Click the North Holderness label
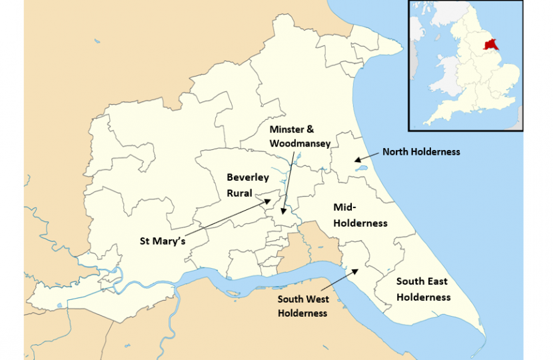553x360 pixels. (x=420, y=152)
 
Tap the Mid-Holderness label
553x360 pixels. (x=360, y=215)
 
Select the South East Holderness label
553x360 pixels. (x=423, y=289)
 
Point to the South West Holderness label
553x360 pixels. (x=303, y=306)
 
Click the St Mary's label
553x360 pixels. (x=163, y=239)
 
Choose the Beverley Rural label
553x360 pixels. (x=248, y=185)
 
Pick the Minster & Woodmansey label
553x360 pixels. (x=300, y=135)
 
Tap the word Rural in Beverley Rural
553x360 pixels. (x=238, y=193)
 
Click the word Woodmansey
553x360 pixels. (x=300, y=143)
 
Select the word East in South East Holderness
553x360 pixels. (x=436, y=282)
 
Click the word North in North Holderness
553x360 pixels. (x=396, y=152)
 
